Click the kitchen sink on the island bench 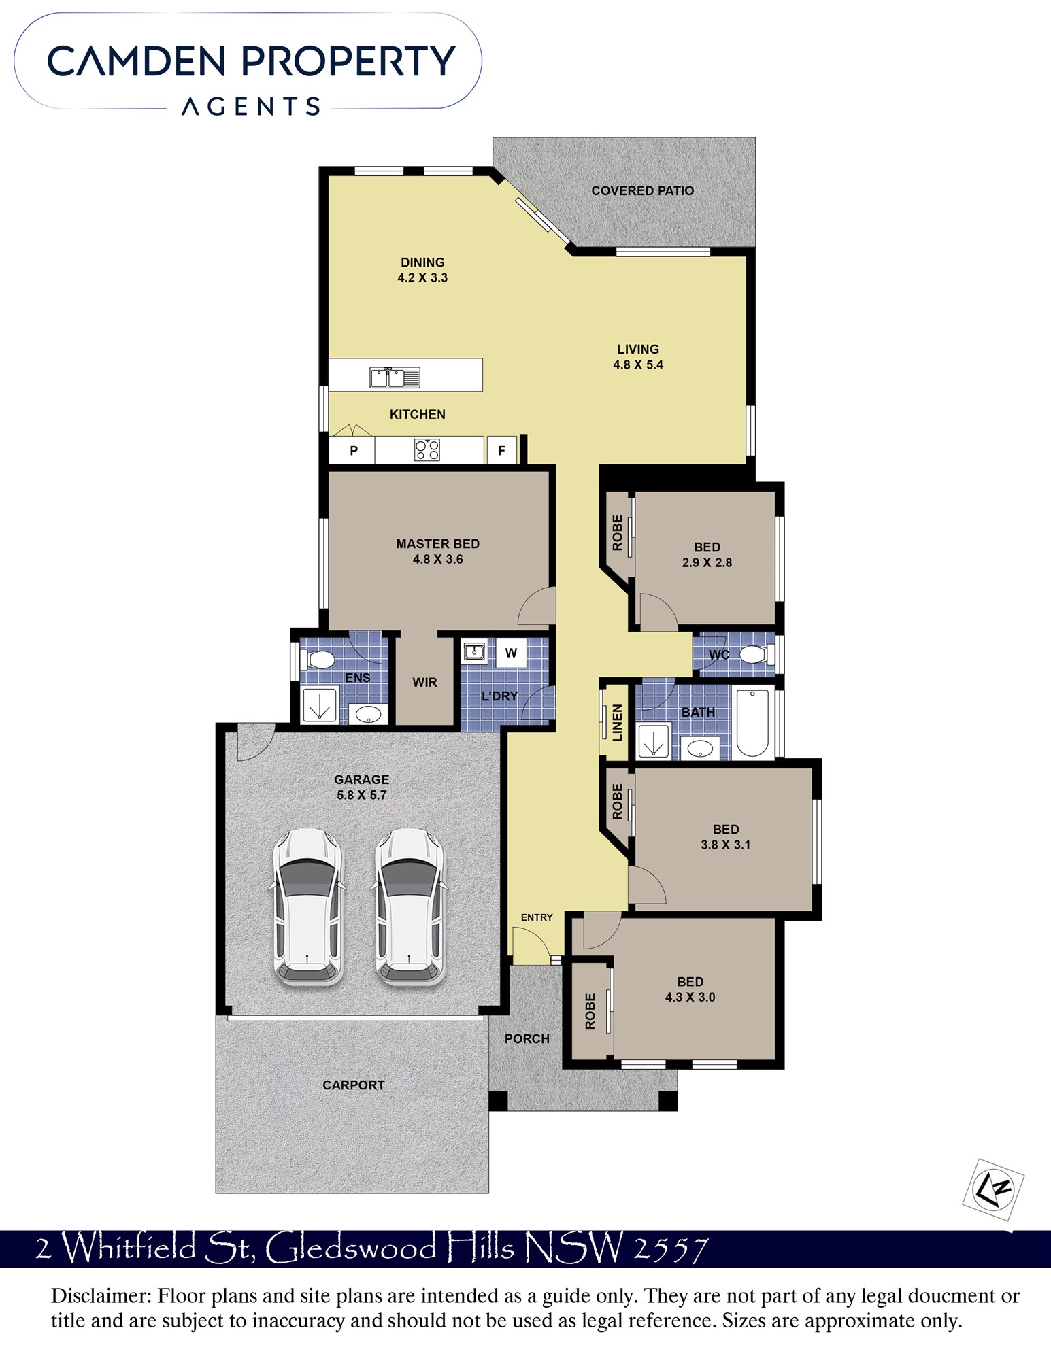click(x=395, y=377)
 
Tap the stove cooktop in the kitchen click(x=427, y=449)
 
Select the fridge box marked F click(x=502, y=450)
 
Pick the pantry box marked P click(x=352, y=450)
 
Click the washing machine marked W click(x=511, y=653)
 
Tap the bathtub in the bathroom click(x=752, y=723)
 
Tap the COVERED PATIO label click(x=642, y=191)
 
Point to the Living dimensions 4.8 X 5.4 click(x=638, y=364)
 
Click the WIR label click(x=424, y=682)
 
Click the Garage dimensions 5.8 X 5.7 click(x=361, y=795)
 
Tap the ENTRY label click(x=537, y=917)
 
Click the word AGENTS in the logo click(x=250, y=106)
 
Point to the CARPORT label click(x=353, y=1085)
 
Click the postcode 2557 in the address click(x=670, y=1248)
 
